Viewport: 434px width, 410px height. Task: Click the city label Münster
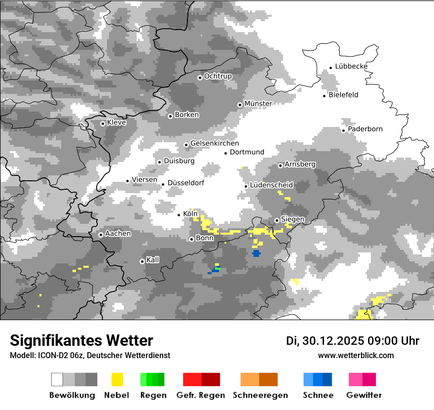258,104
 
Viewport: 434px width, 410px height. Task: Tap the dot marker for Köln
179,214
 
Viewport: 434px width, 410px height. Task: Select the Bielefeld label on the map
343,95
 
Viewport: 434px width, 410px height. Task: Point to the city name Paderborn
365,129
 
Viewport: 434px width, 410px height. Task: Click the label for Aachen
118,234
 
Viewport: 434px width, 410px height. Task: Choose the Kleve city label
116,123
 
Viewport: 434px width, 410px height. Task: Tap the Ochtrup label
217,77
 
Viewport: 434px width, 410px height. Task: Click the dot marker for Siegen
277,220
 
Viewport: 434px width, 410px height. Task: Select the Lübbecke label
351,66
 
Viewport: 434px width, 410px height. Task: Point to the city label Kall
152,260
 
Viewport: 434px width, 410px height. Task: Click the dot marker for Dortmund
226,153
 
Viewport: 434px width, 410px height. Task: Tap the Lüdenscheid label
271,185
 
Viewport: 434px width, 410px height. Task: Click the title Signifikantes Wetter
81,341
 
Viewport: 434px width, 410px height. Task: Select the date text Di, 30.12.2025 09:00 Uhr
352,341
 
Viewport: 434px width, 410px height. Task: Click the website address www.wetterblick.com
356,356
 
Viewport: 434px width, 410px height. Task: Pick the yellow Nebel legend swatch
117,379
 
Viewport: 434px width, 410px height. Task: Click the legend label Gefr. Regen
201,395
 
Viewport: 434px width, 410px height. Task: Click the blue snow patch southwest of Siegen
256,253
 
